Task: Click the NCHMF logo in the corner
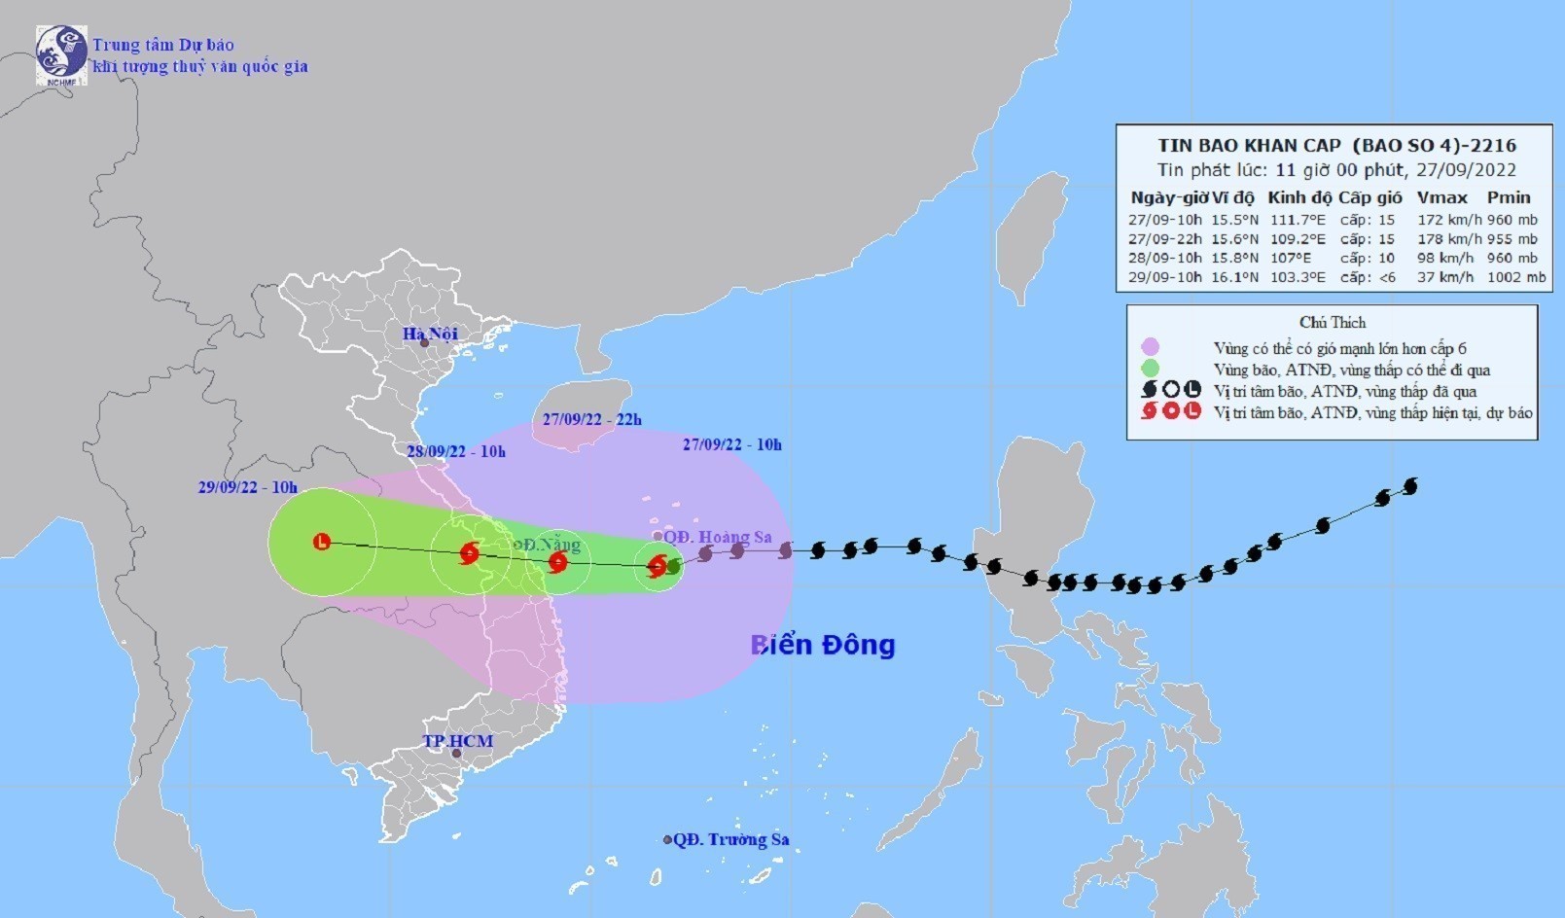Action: pos(61,54)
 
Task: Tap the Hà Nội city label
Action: pos(430,335)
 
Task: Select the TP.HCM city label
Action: pos(458,741)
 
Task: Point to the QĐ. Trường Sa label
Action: pos(730,839)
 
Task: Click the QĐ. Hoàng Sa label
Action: pos(718,537)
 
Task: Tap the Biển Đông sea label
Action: pos(822,645)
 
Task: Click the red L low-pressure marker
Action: pos(322,542)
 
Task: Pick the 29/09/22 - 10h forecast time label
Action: pos(247,487)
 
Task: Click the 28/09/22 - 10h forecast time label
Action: pos(456,451)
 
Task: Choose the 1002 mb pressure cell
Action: pos(1515,277)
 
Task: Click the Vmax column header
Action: pos(1441,197)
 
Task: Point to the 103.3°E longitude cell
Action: pos(1298,277)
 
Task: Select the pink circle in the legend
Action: pos(1151,347)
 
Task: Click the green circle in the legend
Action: pos(1151,369)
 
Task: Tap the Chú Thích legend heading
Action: pos(1332,322)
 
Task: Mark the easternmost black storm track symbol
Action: pos(1410,485)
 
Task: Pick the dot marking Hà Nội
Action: pos(424,342)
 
